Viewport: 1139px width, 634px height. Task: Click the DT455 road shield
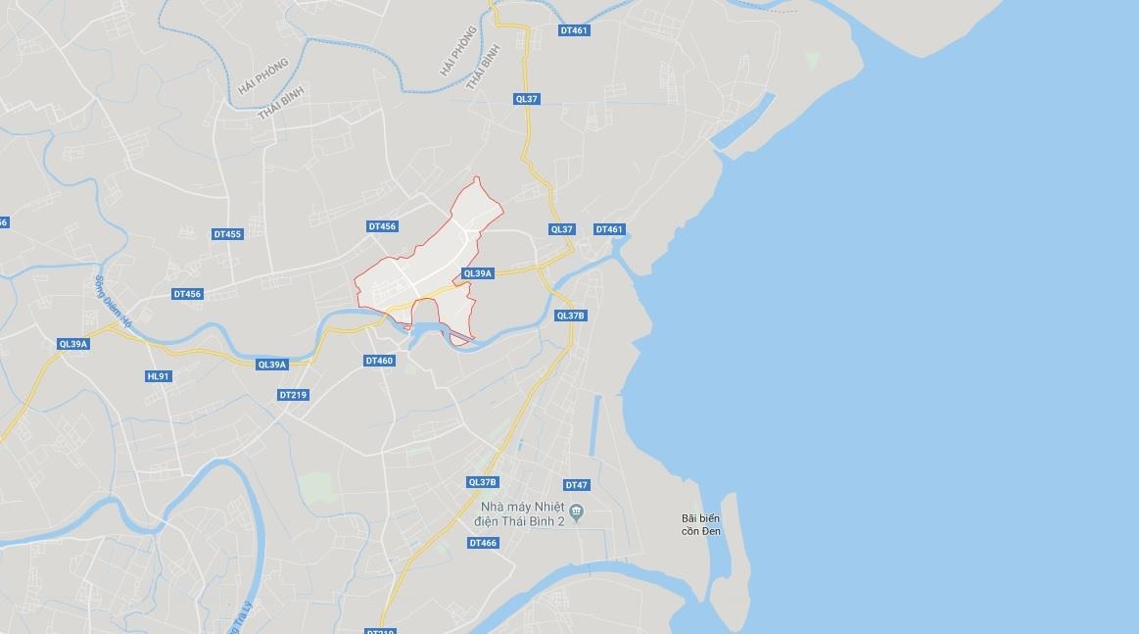pyautogui.click(x=226, y=234)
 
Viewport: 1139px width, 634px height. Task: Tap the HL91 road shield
pyautogui.click(x=158, y=376)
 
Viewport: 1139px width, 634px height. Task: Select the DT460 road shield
pyautogui.click(x=379, y=361)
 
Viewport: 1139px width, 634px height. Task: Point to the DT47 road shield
pyautogui.click(x=577, y=485)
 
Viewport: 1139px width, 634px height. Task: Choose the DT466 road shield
pyautogui.click(x=483, y=543)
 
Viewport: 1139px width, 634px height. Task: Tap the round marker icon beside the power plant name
pyautogui.click(x=577, y=511)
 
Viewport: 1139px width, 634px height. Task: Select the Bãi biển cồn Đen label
pyautogui.click(x=701, y=524)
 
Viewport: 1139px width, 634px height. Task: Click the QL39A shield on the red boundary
pyautogui.click(x=477, y=273)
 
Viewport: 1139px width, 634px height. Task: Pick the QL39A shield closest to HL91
pyautogui.click(x=73, y=344)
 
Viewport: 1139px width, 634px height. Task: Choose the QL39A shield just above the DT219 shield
pyautogui.click(x=271, y=365)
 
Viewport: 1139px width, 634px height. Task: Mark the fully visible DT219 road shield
pyautogui.click(x=293, y=395)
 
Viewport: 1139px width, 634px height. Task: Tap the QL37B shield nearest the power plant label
pyautogui.click(x=483, y=482)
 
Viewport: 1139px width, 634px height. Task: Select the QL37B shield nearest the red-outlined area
pyautogui.click(x=570, y=316)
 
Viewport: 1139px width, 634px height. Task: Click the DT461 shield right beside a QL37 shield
pyautogui.click(x=608, y=229)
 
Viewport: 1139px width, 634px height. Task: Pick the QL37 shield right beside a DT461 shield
pyautogui.click(x=561, y=229)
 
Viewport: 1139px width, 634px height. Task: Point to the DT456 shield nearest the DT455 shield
pyautogui.click(x=186, y=294)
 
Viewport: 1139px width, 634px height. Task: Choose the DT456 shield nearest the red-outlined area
pyautogui.click(x=382, y=226)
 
